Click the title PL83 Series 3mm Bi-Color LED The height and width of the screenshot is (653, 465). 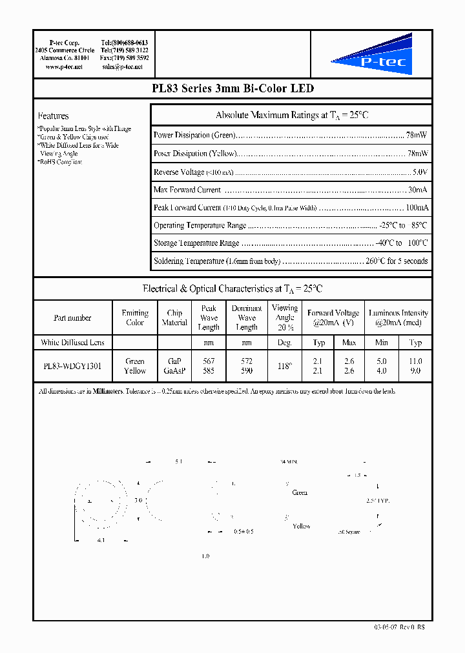click(x=232, y=89)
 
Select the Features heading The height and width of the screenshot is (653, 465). click(x=54, y=116)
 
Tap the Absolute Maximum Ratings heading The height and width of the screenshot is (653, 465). click(x=291, y=116)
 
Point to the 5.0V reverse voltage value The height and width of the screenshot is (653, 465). click(x=420, y=172)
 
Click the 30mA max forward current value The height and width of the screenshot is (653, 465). click(x=417, y=190)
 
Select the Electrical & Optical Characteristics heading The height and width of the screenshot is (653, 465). click(x=232, y=289)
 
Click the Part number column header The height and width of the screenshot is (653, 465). click(x=72, y=317)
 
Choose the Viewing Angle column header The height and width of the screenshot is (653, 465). click(x=285, y=317)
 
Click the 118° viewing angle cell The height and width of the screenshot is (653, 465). click(x=285, y=366)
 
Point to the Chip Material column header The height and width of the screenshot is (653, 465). click(x=174, y=317)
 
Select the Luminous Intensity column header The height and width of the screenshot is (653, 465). click(x=398, y=317)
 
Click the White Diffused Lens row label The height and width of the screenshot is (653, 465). click(x=72, y=342)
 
